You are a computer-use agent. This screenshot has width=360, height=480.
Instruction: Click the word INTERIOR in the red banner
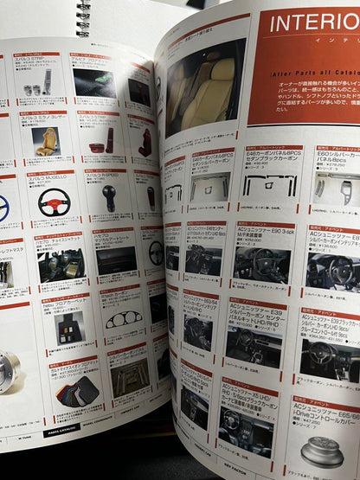(312, 23)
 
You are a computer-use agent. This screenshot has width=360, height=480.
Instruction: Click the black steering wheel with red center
(54, 202)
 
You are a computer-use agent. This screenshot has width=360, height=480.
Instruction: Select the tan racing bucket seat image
(45, 140)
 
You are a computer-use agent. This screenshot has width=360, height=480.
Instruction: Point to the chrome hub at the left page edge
(7, 372)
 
